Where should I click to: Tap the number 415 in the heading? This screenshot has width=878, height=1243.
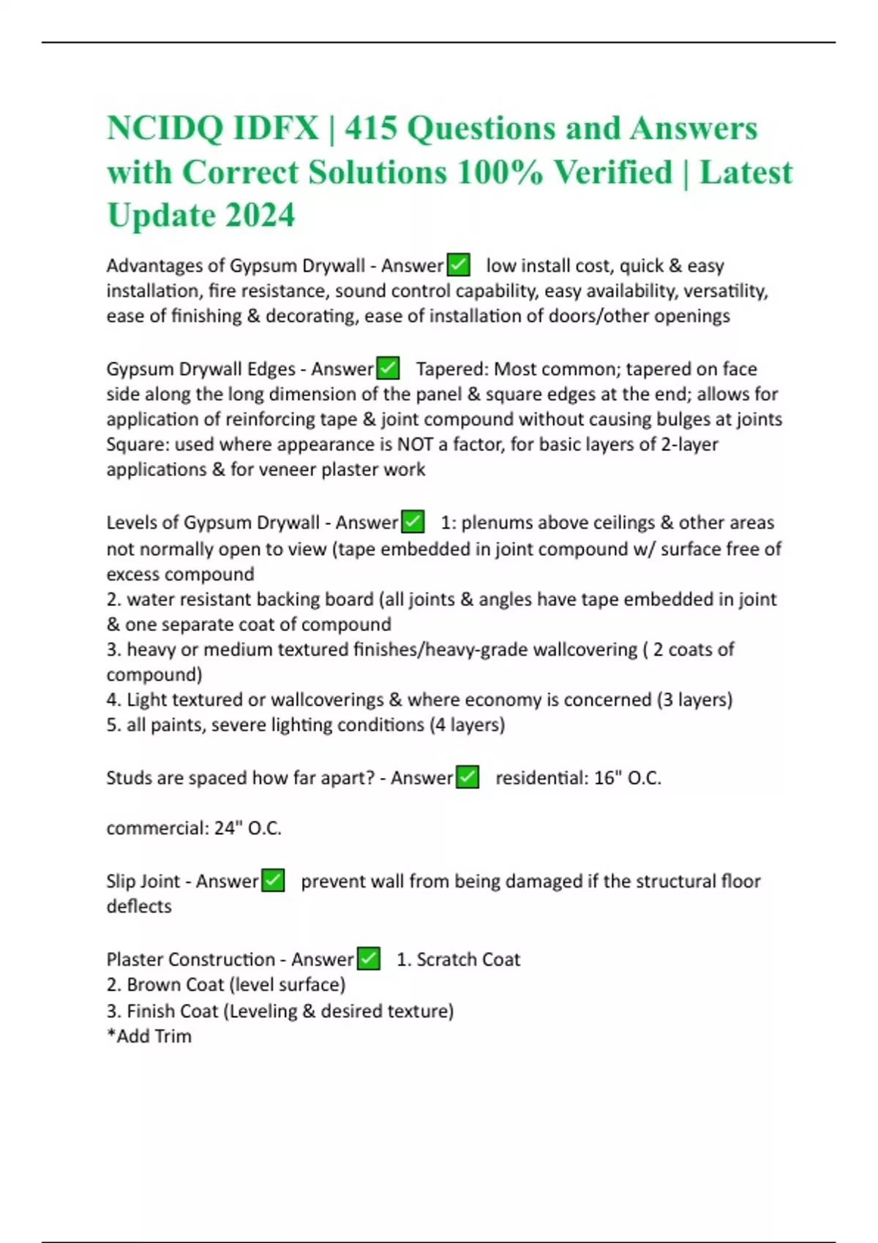click(370, 129)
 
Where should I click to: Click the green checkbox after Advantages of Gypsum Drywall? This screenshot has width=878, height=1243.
click(458, 265)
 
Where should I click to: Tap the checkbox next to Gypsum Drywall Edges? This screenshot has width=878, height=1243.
click(388, 368)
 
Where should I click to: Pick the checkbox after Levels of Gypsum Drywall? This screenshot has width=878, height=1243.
click(413, 522)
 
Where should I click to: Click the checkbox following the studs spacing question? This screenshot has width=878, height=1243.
click(468, 777)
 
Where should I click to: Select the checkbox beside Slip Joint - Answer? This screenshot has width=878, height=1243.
click(273, 880)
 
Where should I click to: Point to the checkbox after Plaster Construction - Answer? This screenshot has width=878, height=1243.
click(368, 959)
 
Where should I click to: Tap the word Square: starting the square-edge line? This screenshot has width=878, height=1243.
click(138, 445)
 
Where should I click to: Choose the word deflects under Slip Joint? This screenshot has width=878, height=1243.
click(139, 907)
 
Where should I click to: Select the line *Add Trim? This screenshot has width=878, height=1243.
click(149, 1036)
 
